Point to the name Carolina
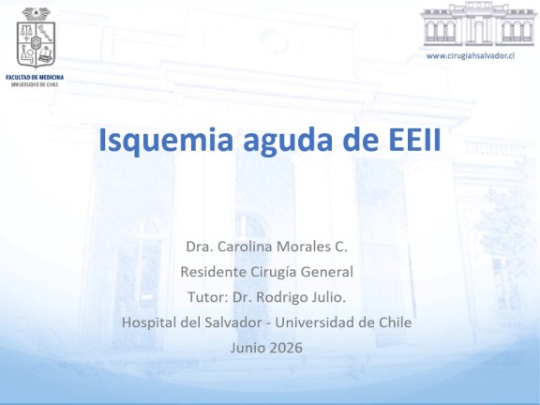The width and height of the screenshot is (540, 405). tap(245, 247)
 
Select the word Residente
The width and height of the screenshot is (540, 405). tap(214, 272)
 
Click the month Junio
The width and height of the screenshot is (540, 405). tap(247, 348)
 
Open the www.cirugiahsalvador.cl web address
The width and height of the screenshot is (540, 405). tap(471, 56)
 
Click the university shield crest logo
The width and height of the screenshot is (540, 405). tap(36, 37)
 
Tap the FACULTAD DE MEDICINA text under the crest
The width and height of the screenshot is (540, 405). tap(35, 77)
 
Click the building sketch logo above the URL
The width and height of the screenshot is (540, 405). tap(479, 24)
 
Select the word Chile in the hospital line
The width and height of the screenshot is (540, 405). tap(395, 322)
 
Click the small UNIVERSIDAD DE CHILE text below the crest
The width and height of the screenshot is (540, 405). tap(35, 84)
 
